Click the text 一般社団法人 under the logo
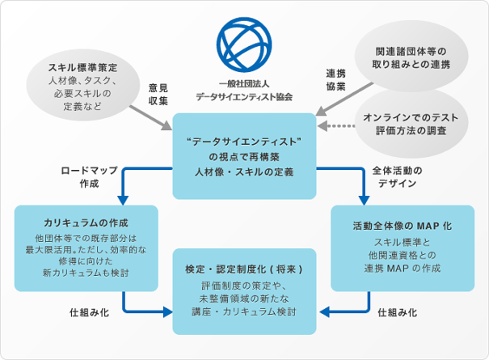[x=244, y=83]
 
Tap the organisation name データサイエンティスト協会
[x=244, y=96]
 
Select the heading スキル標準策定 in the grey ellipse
[x=82, y=67]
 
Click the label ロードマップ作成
[x=89, y=177]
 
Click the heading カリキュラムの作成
[x=86, y=222]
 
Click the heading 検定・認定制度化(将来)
[x=244, y=268]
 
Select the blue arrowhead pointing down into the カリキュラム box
[x=124, y=200]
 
